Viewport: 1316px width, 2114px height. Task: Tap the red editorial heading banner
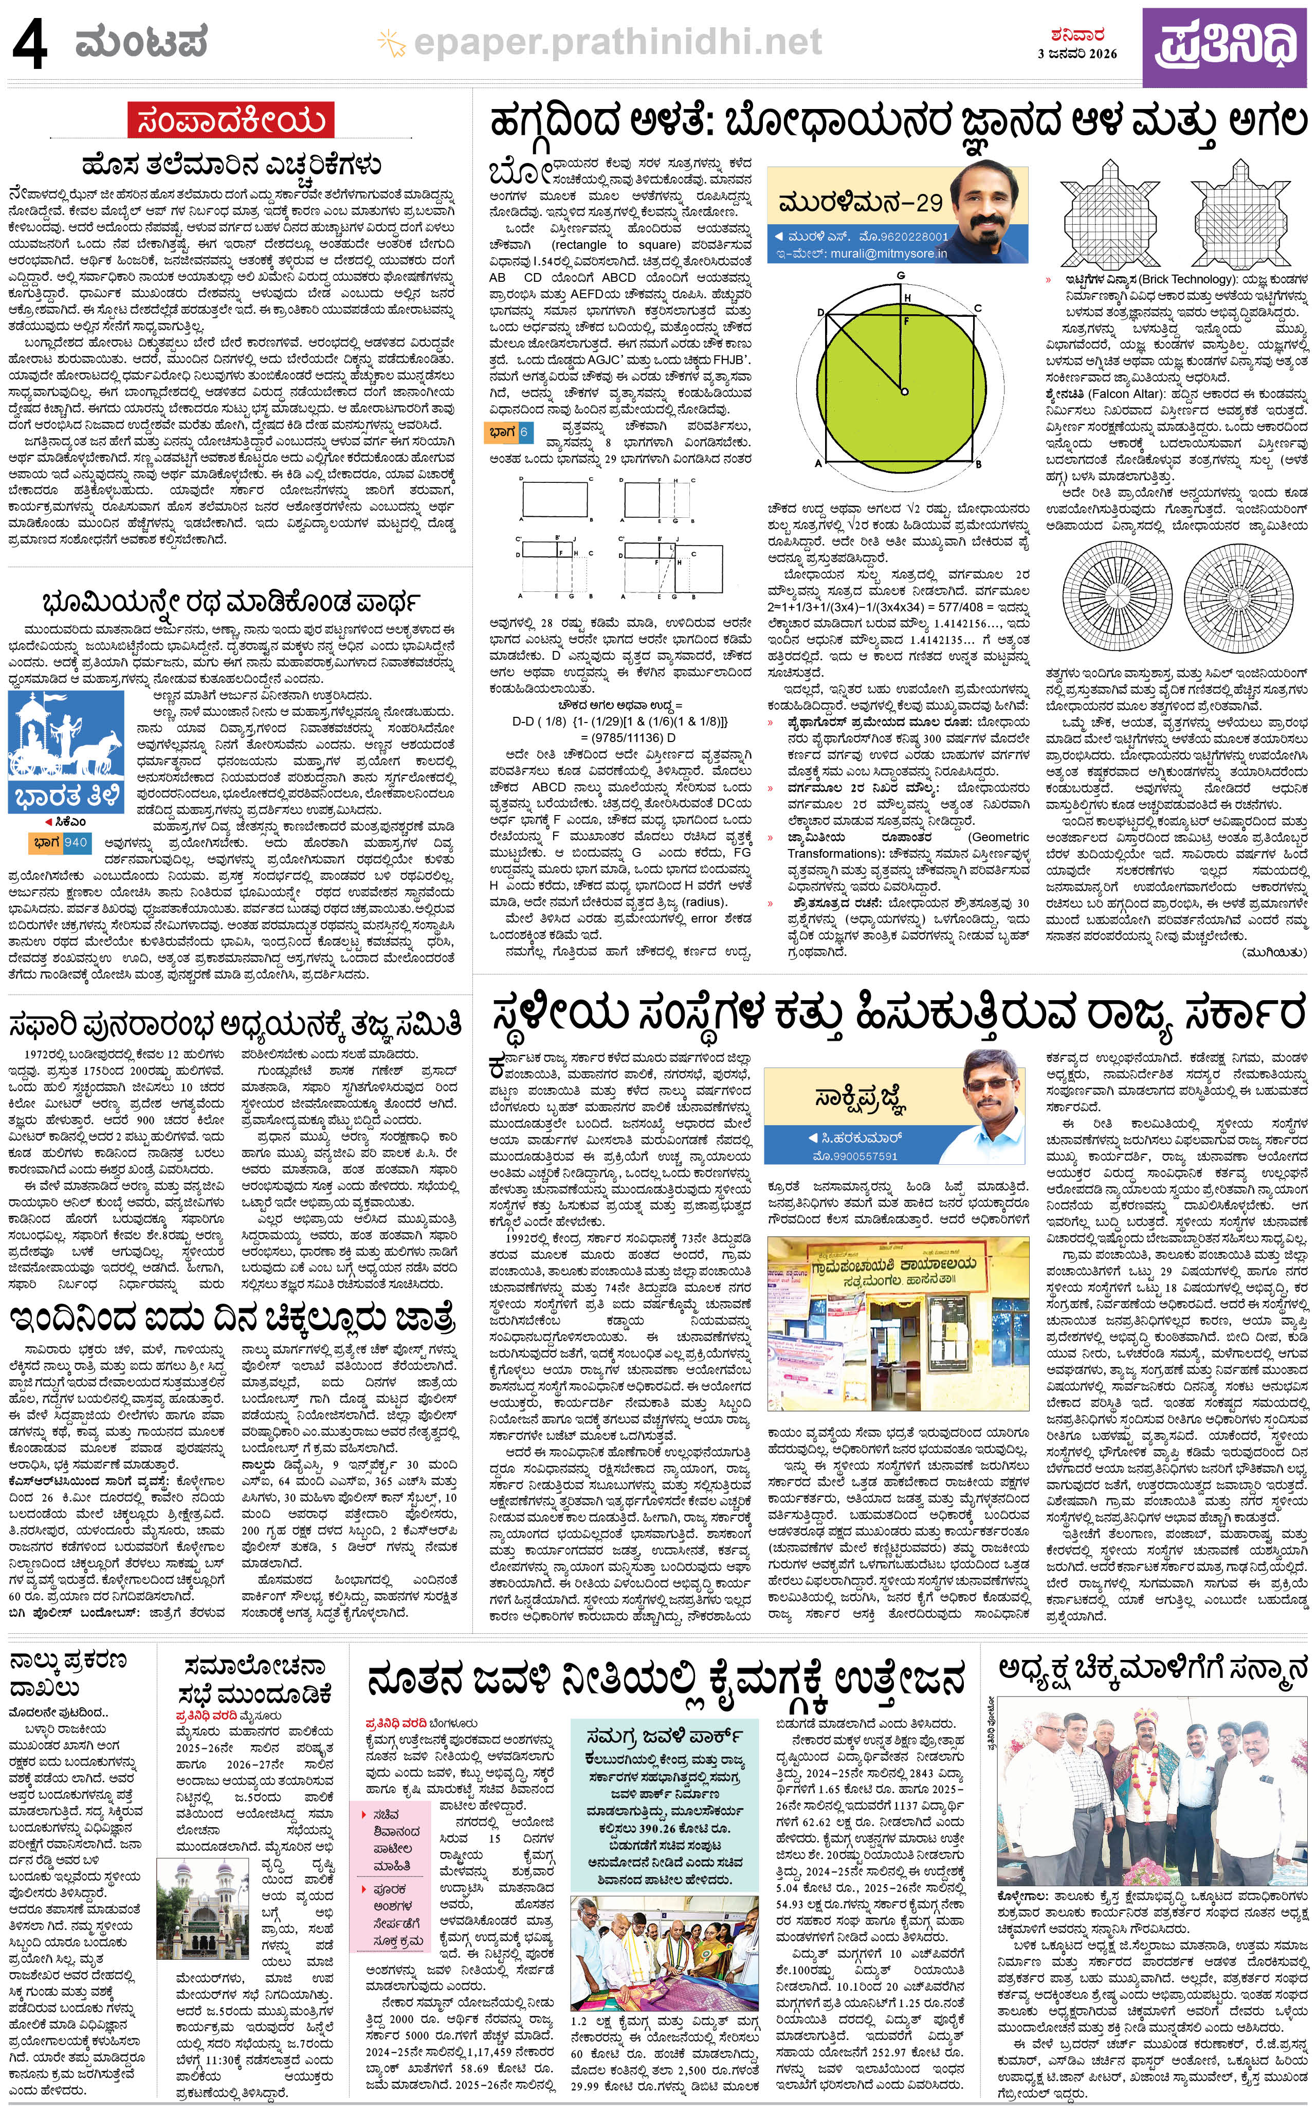point(231,121)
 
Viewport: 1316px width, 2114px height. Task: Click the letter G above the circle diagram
point(901,276)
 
